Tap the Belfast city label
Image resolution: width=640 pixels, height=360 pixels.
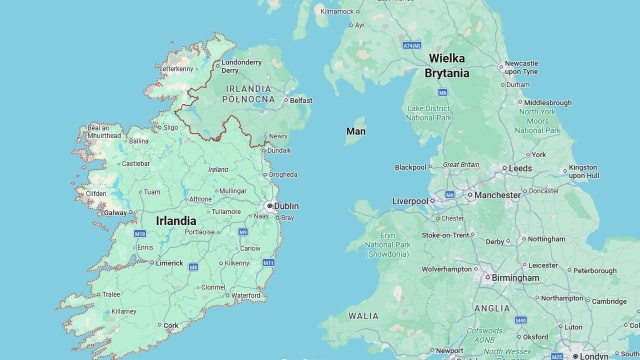[x=301, y=100]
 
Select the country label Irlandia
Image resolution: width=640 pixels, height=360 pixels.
[x=176, y=220]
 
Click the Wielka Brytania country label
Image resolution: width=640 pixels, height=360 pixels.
[x=447, y=65]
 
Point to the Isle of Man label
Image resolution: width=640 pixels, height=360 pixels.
[x=356, y=131]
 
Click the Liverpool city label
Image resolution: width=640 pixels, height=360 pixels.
[x=410, y=200]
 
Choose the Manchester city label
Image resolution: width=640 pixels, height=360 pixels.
[x=498, y=195]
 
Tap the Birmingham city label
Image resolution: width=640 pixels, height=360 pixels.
[x=515, y=278]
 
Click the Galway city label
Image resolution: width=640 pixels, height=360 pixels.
[x=115, y=212]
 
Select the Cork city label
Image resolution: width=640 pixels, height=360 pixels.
[x=172, y=325]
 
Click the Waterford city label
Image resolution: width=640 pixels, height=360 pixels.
[x=246, y=296]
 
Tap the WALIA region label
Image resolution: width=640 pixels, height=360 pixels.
[x=363, y=315]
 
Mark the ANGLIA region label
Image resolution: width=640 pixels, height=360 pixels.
[x=492, y=308]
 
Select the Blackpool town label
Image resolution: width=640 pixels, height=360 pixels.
[x=410, y=167]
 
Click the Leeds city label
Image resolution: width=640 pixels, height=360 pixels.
[x=520, y=168]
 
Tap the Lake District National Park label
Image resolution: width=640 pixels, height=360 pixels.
[x=431, y=113]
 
